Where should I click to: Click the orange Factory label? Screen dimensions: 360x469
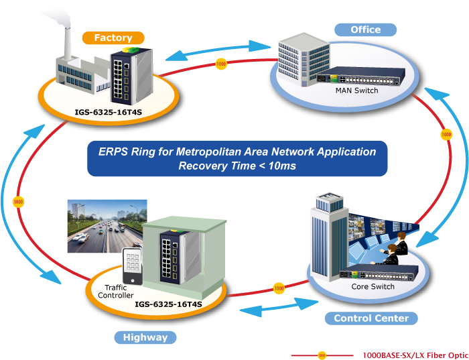click(113, 38)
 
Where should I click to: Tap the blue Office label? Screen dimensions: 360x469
click(365, 29)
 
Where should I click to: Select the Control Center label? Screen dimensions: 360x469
click(371, 318)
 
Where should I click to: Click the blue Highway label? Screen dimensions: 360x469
click(145, 337)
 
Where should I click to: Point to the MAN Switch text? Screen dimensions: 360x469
click(356, 91)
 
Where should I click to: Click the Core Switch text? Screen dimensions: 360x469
click(373, 286)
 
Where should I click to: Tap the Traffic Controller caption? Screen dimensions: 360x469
click(116, 291)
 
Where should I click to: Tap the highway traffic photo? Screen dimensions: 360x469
click(107, 225)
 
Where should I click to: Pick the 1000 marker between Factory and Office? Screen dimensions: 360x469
click(221, 64)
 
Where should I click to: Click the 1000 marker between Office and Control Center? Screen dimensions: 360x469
click(446, 135)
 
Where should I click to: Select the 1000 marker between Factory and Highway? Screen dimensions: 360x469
click(18, 201)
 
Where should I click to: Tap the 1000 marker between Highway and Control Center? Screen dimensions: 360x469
click(279, 289)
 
